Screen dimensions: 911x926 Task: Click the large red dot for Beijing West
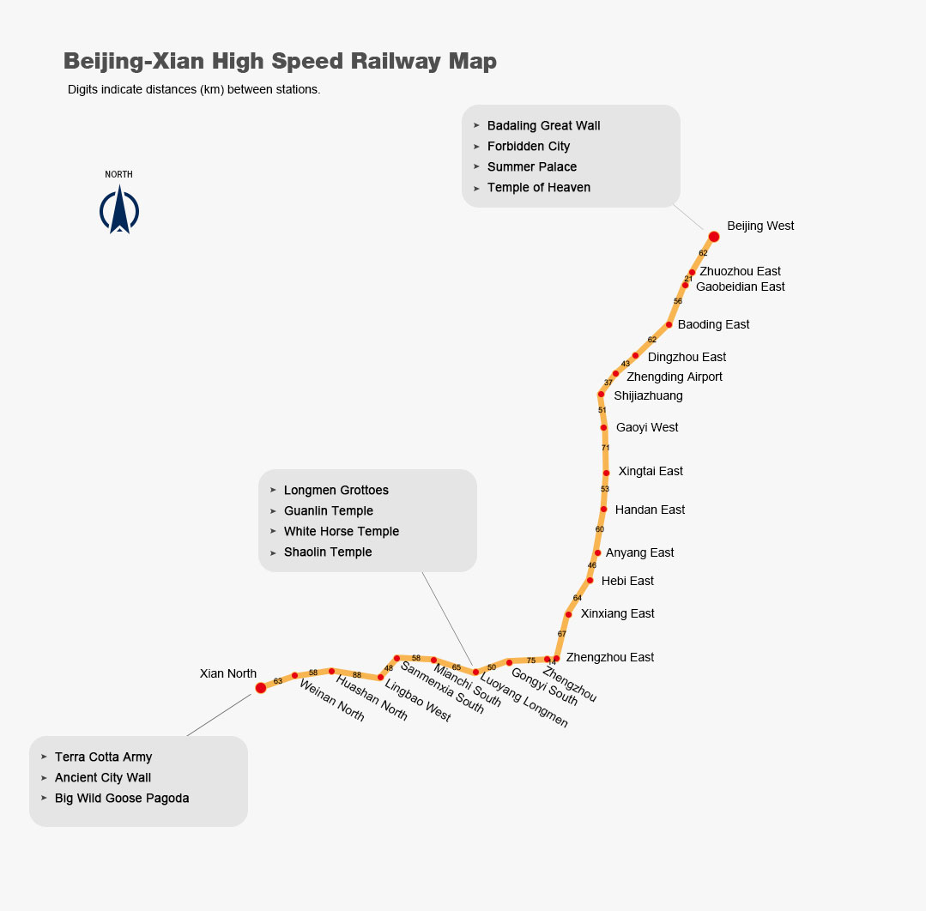pyautogui.click(x=713, y=237)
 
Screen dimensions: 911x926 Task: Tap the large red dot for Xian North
pyautogui.click(x=261, y=688)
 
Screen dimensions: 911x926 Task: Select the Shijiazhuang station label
pyautogui.click(x=648, y=396)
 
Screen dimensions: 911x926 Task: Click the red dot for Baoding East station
pyautogui.click(x=669, y=324)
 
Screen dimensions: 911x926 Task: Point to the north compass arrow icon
pyautogui.click(x=119, y=211)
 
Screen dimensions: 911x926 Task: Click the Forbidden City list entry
pyautogui.click(x=529, y=147)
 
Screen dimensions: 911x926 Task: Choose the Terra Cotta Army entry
pyautogui.click(x=103, y=757)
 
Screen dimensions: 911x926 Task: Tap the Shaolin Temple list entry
pyautogui.click(x=328, y=552)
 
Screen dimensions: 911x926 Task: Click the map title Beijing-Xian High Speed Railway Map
pyautogui.click(x=280, y=62)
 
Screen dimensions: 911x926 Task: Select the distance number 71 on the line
pyautogui.click(x=605, y=448)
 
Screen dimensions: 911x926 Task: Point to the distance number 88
pyautogui.click(x=357, y=675)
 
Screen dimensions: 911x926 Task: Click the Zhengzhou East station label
pyautogui.click(x=610, y=658)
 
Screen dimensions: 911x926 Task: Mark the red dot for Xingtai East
pyautogui.click(x=607, y=473)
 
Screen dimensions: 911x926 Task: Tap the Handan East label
pyautogui.click(x=650, y=510)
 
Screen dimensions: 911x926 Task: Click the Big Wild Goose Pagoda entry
pyautogui.click(x=122, y=799)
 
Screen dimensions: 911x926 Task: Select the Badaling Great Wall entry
pyautogui.click(x=543, y=126)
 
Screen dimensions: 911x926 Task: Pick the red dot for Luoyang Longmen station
pyautogui.click(x=475, y=672)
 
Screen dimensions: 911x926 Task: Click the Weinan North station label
pyautogui.click(x=332, y=700)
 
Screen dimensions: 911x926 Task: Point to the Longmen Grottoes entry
pyautogui.click(x=336, y=491)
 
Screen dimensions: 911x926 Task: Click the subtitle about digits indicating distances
pyautogui.click(x=194, y=89)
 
